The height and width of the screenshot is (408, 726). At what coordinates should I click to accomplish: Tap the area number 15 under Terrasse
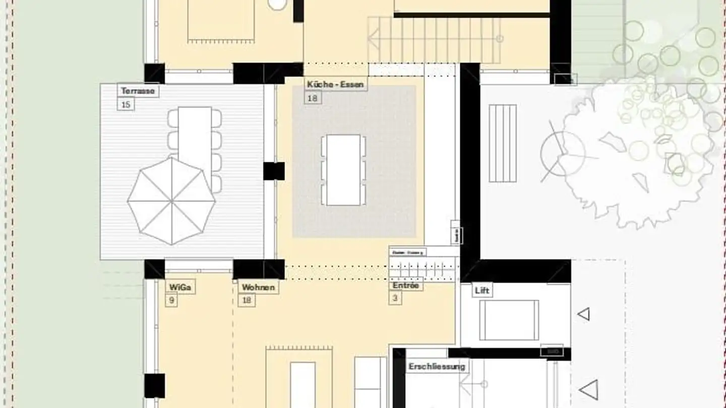[x=126, y=105]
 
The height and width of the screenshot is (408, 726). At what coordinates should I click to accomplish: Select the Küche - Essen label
[x=335, y=84]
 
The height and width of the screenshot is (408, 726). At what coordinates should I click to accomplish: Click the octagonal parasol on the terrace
[x=171, y=201]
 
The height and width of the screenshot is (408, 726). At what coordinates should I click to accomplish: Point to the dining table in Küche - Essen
[x=343, y=170]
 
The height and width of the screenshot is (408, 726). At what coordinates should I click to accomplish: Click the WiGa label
[x=180, y=287]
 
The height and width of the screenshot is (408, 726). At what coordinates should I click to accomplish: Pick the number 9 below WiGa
[x=171, y=301]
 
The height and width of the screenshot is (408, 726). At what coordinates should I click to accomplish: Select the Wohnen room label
[x=258, y=287]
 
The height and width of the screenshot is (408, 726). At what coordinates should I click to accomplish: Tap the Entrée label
[x=406, y=286]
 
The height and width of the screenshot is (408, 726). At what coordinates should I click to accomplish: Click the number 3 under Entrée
[x=395, y=298]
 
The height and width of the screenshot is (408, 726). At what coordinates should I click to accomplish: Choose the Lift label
[x=482, y=290]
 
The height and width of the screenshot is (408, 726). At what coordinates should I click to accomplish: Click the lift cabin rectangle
[x=509, y=320]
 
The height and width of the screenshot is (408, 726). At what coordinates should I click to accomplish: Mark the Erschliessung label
[x=437, y=366]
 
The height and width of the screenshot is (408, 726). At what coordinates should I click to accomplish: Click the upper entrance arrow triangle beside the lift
[x=584, y=314]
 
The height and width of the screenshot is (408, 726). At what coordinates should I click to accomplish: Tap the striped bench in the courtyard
[x=503, y=143]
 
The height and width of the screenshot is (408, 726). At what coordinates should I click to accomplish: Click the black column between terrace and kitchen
[x=274, y=171]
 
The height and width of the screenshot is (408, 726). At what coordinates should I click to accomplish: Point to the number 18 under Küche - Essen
[x=313, y=98]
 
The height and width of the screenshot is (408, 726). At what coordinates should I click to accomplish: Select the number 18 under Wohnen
[x=247, y=300]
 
